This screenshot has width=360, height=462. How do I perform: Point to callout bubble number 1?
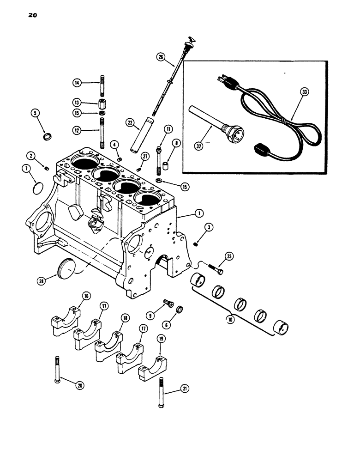199,213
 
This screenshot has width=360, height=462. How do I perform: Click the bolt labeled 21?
161,392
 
